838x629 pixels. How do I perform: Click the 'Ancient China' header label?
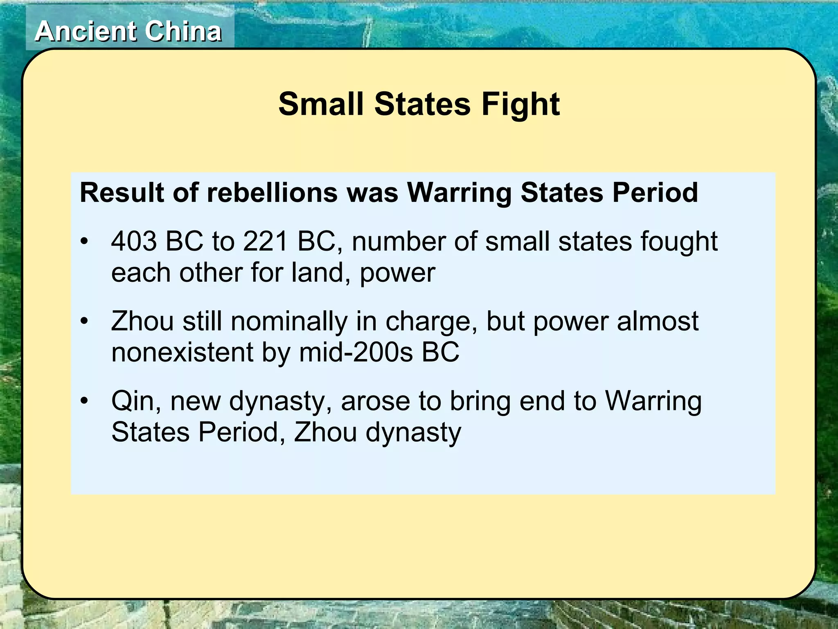pos(128,32)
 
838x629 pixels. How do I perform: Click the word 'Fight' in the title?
pos(520,104)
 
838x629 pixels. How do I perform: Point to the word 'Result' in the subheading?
pos(122,192)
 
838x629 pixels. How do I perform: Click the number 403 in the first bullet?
pos(134,241)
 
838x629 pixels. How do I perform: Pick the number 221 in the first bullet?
pos(266,241)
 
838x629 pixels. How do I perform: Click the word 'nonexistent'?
pos(182,352)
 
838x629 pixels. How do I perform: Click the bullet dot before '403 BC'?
pos(84,242)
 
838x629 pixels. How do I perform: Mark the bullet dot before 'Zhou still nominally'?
pos(84,321)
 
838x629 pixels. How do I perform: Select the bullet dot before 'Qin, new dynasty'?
pos(84,401)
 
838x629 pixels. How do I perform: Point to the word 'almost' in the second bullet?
pos(658,321)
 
